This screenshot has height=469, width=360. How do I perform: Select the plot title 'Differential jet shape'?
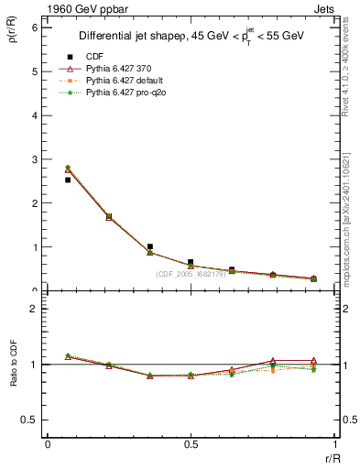[x=135, y=37]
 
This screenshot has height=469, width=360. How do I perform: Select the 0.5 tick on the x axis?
[x=191, y=443]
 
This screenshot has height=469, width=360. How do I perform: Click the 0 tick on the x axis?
[x=48, y=443]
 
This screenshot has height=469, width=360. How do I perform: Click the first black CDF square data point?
[x=68, y=180]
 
